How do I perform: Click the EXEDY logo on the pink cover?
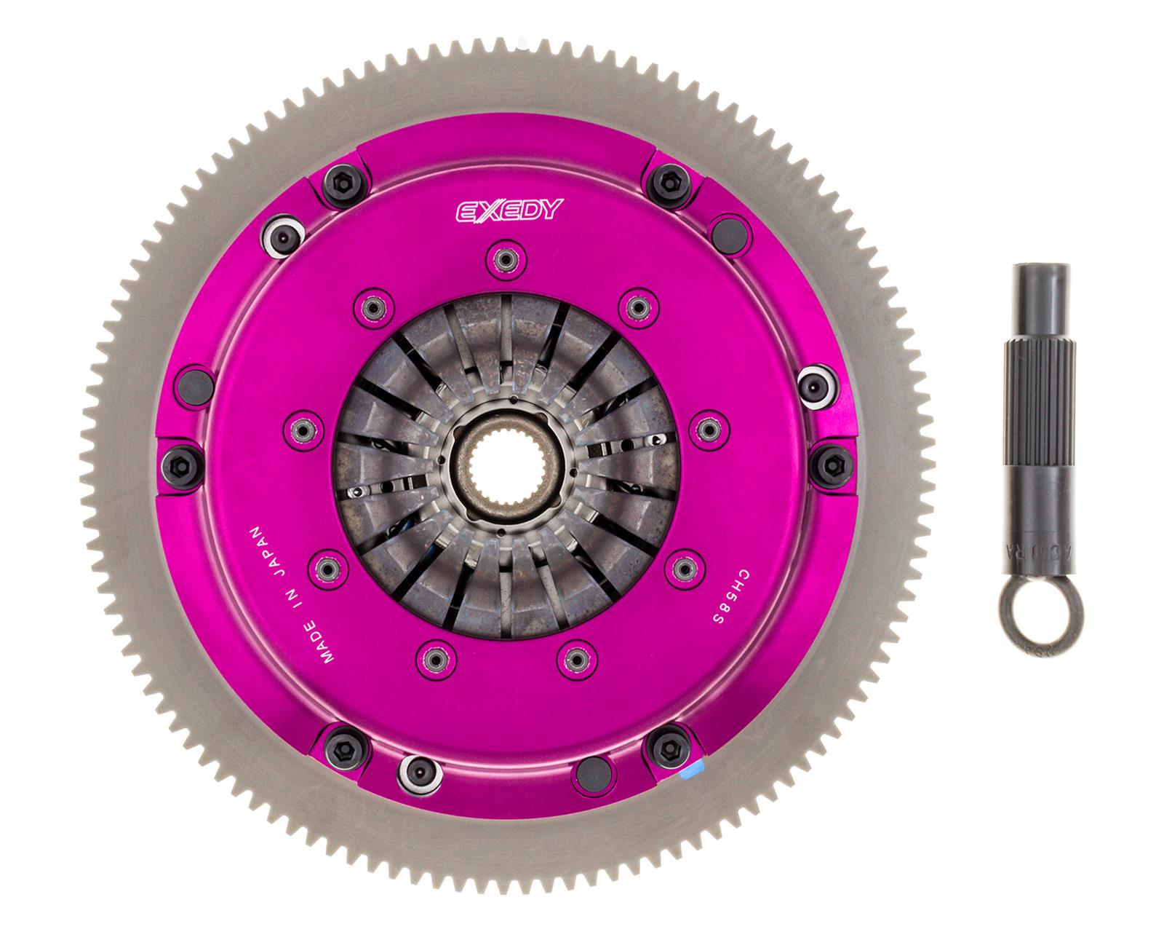[x=509, y=210]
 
